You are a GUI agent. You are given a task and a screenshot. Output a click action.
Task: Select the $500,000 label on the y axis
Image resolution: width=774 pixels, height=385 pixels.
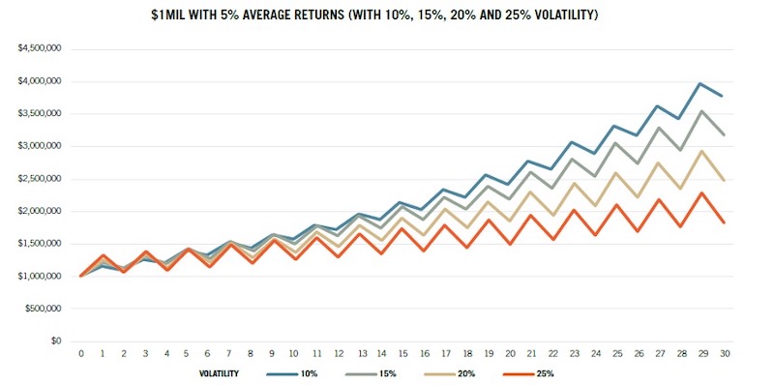pos(46,309)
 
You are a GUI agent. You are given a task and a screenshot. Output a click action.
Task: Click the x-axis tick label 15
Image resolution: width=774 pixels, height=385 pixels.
pos(402,354)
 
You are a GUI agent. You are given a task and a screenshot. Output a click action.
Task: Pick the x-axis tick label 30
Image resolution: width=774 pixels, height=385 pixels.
pos(725,354)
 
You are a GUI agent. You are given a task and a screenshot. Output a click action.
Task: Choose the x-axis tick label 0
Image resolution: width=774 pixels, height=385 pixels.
pos(81,354)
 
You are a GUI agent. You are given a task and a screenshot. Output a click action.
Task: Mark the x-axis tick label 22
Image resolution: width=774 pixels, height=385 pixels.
pos(552,354)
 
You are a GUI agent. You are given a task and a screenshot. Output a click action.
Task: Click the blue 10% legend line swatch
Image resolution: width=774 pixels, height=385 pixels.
pos(282,373)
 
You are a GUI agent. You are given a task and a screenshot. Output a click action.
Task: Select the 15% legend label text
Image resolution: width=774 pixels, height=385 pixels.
pos(389,373)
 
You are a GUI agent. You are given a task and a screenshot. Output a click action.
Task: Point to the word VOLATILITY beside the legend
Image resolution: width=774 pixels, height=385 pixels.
pos(219,373)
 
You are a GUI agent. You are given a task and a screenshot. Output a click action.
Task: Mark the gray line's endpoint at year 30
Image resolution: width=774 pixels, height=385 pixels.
pos(723,134)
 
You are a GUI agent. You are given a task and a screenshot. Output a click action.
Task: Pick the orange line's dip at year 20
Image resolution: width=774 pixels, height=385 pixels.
pos(511,244)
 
